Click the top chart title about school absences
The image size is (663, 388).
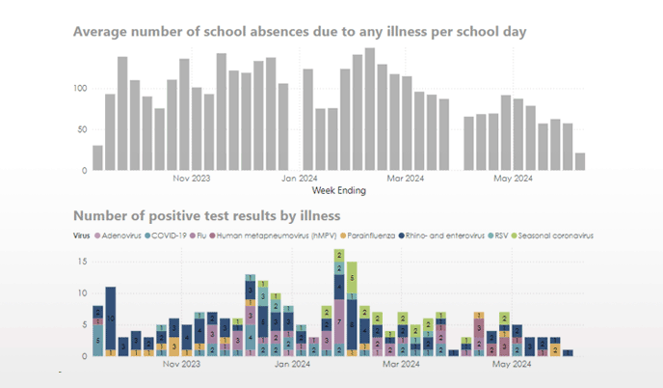pos(300,32)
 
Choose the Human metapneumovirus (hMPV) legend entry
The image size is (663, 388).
pos(260,235)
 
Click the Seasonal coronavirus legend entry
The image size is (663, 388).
pos(556,235)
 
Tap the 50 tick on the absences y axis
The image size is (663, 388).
pos(82,129)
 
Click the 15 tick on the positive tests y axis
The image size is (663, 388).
pos(83,262)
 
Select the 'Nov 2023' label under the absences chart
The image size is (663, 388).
pos(192,179)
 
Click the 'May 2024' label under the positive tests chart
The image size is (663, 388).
pos(513,364)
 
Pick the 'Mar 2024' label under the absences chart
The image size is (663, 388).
pos(406,179)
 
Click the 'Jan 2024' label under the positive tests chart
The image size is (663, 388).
pos(299,364)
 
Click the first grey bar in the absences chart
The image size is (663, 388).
pos(97,158)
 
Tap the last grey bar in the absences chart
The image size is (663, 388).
pos(580,162)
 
